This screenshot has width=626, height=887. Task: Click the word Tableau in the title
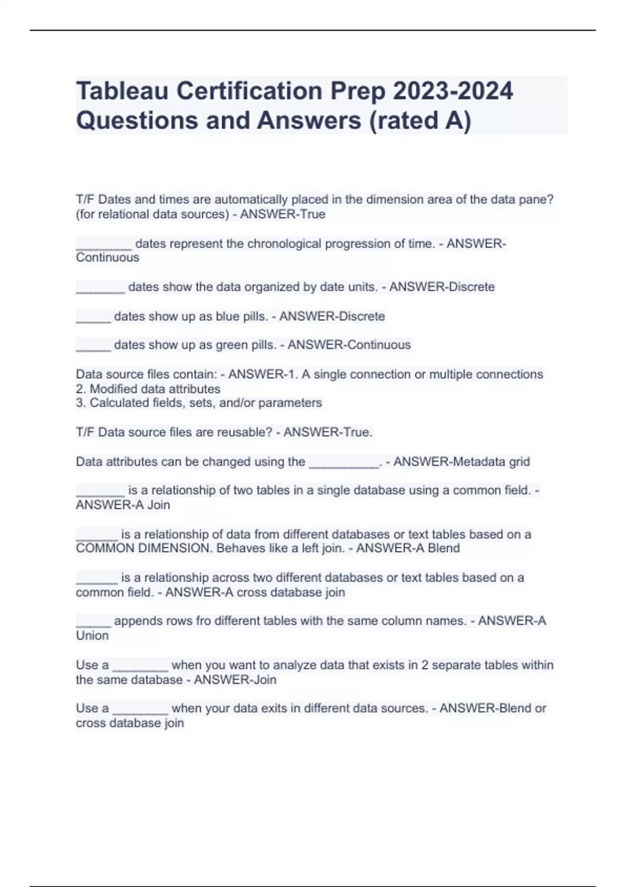point(122,91)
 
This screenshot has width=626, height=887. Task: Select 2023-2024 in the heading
point(453,91)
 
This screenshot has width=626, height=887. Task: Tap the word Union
point(92,636)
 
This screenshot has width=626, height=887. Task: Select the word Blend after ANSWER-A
point(444,548)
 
